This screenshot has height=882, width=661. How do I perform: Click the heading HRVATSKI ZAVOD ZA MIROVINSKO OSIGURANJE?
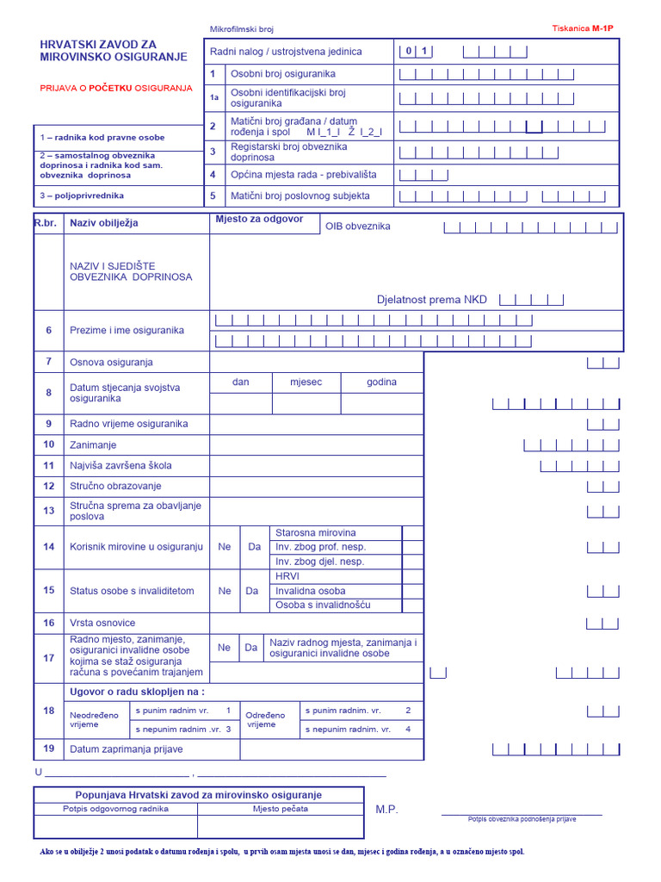click(x=114, y=50)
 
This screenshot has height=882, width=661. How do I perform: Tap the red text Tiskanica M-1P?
click(x=583, y=28)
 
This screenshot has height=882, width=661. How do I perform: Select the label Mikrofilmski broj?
click(x=241, y=29)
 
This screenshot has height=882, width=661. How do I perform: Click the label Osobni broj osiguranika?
click(x=283, y=74)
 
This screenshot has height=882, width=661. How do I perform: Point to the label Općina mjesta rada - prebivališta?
click(x=292, y=175)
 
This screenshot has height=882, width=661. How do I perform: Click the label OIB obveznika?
click(x=357, y=227)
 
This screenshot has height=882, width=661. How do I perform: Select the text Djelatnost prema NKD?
click(x=431, y=300)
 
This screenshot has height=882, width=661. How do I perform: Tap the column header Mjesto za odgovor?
click(x=259, y=219)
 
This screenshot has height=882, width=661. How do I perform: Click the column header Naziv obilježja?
click(x=104, y=223)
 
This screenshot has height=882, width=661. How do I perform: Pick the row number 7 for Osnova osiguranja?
click(x=49, y=362)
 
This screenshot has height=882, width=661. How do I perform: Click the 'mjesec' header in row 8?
click(x=306, y=382)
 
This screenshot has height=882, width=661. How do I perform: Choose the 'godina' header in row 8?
click(x=382, y=382)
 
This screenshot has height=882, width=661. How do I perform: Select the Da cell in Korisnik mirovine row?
click(x=252, y=547)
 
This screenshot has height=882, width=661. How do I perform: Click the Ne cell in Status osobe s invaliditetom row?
click(x=225, y=591)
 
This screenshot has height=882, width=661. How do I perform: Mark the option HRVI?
click(x=287, y=576)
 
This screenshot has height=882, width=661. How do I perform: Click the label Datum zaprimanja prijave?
click(x=127, y=749)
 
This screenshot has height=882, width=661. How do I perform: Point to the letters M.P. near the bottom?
click(x=386, y=810)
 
